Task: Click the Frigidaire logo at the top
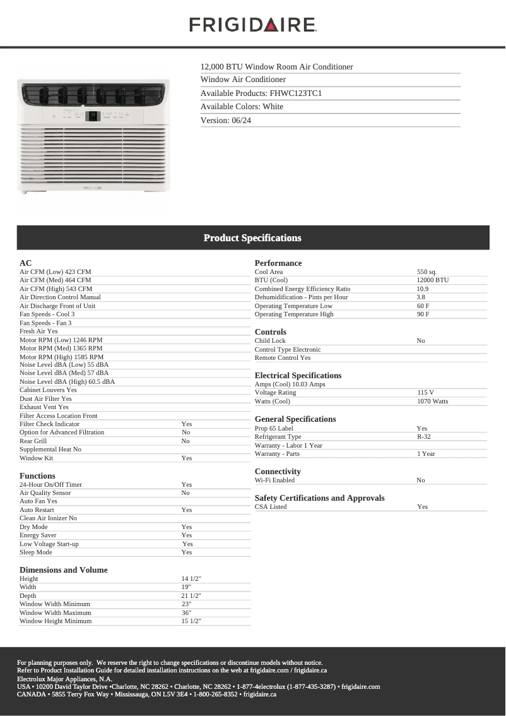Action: click(252, 25)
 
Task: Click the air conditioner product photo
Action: click(93, 135)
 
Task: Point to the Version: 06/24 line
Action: click(226, 120)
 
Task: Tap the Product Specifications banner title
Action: click(252, 238)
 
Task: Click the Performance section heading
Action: click(278, 263)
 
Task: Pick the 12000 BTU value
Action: click(432, 280)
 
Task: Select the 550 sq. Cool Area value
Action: click(427, 272)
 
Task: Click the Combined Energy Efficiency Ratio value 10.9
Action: click(422, 289)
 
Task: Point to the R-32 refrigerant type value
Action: click(423, 437)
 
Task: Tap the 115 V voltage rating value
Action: click(425, 393)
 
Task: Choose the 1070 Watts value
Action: click(432, 402)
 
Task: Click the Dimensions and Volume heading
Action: click(63, 570)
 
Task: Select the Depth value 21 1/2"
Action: click(191, 596)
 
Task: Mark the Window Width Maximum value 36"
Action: click(186, 613)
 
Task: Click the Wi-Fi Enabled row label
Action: click(274, 480)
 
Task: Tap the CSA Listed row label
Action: click(271, 507)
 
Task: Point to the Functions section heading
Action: click(37, 476)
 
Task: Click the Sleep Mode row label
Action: click(36, 552)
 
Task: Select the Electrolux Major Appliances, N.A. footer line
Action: click(64, 679)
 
